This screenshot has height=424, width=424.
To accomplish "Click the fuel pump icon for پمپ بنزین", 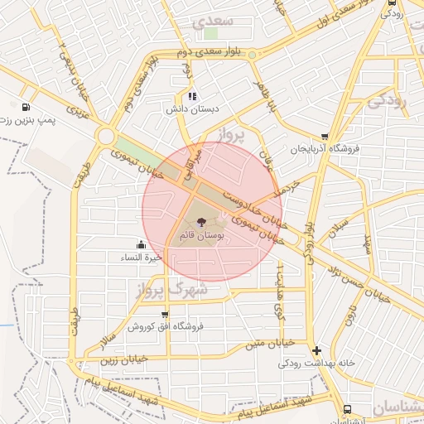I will [28, 107].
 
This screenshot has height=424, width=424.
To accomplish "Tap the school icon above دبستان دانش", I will [193, 96].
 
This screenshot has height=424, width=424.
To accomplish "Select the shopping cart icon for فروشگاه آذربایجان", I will [325, 137].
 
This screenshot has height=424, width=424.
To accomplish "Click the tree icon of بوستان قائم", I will [201, 221].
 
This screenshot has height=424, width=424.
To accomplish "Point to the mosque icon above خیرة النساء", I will [142, 244].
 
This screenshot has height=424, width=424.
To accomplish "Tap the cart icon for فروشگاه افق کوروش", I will [166, 315].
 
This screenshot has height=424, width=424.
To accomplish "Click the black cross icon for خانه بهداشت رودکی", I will [316, 350].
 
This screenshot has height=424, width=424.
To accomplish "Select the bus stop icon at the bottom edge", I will [347, 409].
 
